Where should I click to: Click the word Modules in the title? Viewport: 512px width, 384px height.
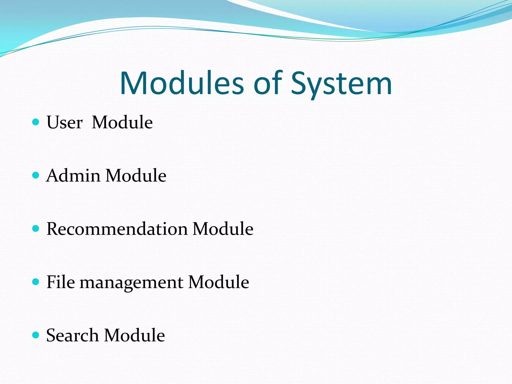[x=182, y=83]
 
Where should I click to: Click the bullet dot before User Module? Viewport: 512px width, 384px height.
[x=36, y=122]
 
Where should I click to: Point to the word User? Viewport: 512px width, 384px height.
[x=64, y=122]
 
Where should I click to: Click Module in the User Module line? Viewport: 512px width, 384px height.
[x=122, y=122]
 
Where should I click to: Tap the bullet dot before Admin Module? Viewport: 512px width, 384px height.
[x=36, y=175]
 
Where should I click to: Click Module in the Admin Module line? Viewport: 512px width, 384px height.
[x=136, y=175]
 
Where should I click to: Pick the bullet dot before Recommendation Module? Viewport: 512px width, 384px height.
[x=36, y=228]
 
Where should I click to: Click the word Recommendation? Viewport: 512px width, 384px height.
[x=117, y=229]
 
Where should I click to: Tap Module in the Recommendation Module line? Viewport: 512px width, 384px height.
[x=223, y=229]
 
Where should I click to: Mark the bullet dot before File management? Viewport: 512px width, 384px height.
[x=36, y=282]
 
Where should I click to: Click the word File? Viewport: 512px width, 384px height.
[x=60, y=282]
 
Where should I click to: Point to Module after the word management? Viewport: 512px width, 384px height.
[x=218, y=282]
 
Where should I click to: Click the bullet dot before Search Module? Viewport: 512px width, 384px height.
[x=36, y=335]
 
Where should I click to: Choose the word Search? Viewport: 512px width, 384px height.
[x=72, y=335]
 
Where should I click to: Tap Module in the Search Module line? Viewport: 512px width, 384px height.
[x=134, y=335]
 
